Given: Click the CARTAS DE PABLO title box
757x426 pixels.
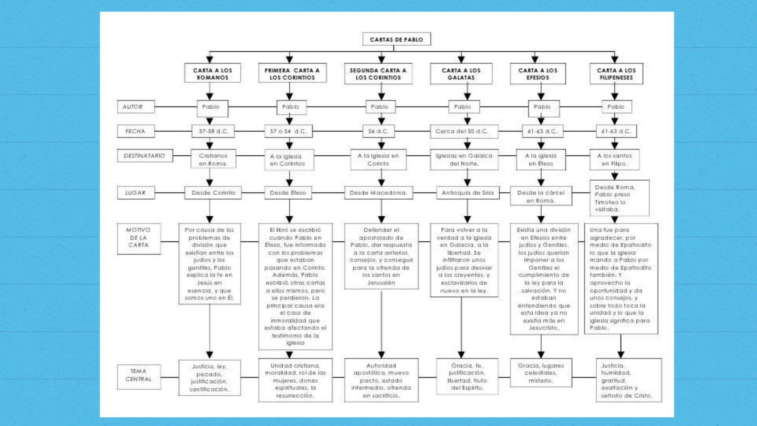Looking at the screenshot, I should click(x=396, y=39).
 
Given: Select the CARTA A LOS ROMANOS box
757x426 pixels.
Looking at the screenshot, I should click(x=213, y=74).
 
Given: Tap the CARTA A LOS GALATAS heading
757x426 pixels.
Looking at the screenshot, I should click(x=461, y=74).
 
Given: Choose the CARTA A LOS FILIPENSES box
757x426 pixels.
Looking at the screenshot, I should click(x=616, y=74).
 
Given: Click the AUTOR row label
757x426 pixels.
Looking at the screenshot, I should click(x=136, y=107).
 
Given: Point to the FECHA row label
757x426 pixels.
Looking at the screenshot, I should click(x=136, y=131).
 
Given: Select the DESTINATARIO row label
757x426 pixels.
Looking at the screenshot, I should click(x=145, y=156).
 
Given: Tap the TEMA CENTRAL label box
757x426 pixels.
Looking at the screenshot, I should click(x=139, y=375).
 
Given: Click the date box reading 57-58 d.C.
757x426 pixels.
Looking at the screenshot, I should click(x=213, y=131).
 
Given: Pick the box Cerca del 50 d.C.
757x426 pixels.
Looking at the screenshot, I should click(x=464, y=131).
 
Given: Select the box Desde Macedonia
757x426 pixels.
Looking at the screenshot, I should click(x=378, y=193).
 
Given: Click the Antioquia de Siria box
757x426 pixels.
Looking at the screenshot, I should click(x=468, y=193).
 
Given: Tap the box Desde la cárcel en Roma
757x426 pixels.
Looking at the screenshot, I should click(x=541, y=196).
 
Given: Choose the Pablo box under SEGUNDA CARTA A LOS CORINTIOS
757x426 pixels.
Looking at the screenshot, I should click(x=380, y=107).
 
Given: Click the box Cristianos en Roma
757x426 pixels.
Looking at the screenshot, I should click(x=213, y=159).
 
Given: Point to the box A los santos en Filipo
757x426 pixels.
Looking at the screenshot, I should click(x=614, y=159).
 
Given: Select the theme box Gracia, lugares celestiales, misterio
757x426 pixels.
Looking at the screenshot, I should click(x=541, y=373).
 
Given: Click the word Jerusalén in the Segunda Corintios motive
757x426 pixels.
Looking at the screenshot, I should click(x=381, y=283).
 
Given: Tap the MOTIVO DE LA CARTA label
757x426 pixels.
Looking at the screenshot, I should click(x=139, y=237).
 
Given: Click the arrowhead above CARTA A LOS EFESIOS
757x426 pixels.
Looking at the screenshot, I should click(x=535, y=59).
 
